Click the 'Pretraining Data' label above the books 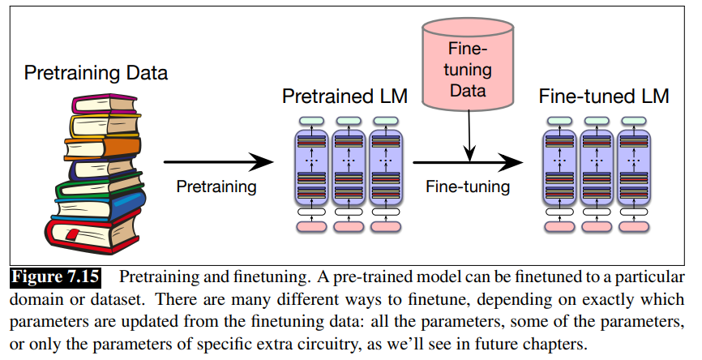pos(96,74)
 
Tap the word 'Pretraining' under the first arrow pos(216,186)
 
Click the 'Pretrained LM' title pos(345,97)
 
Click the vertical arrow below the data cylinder pos(469,138)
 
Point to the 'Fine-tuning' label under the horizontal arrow pos(469,186)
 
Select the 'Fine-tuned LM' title pos(604,97)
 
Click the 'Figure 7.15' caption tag pos(56,277)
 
